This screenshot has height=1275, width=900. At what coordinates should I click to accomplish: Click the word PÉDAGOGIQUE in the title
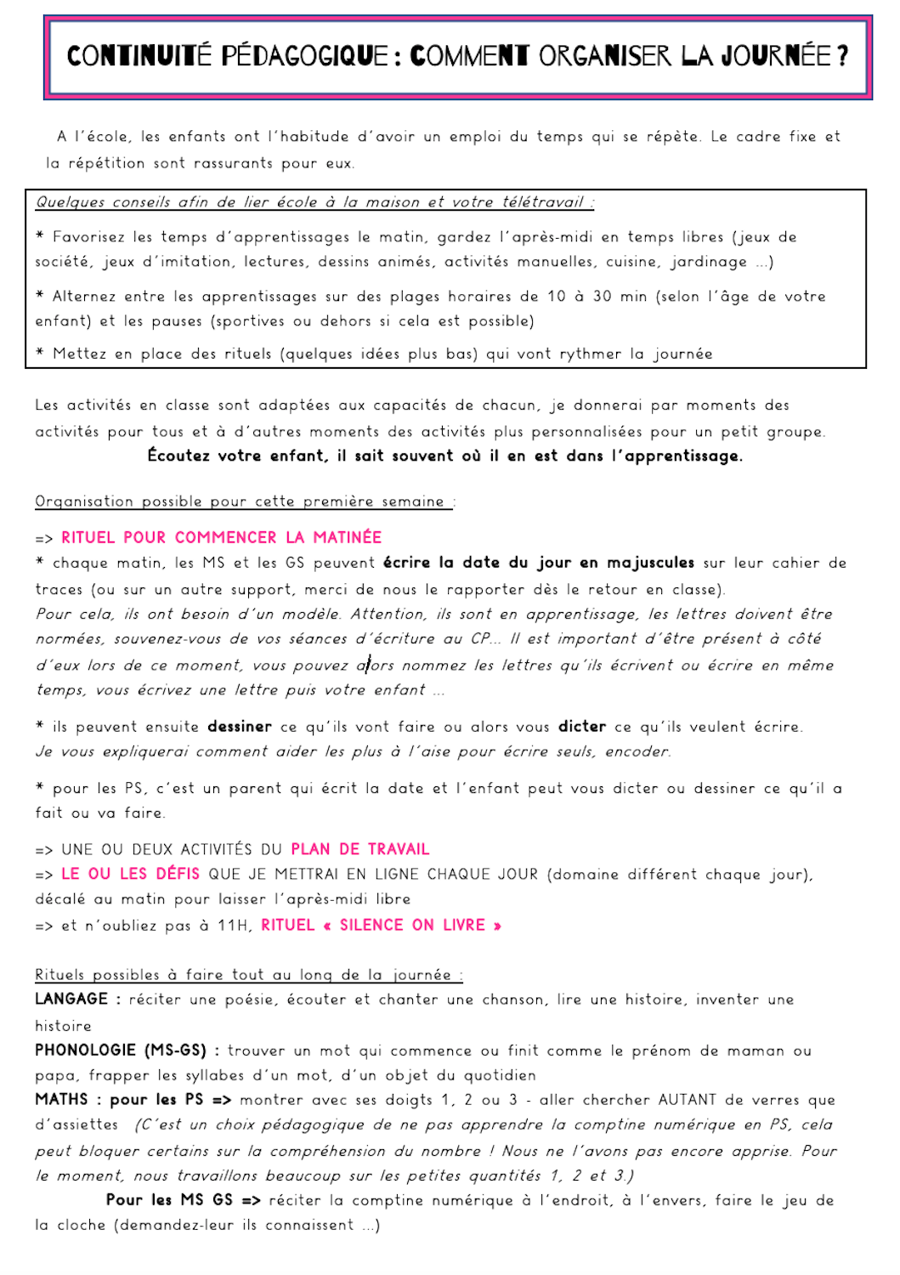click(x=304, y=56)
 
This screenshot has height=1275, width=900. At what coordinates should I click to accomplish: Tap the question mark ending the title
click(x=842, y=56)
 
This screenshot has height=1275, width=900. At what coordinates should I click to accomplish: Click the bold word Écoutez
click(x=178, y=456)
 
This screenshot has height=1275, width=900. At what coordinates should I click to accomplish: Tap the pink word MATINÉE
click(x=347, y=537)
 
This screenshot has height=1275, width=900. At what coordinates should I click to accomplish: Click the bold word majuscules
click(x=650, y=563)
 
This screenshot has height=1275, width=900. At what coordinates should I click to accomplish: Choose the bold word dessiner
click(x=240, y=727)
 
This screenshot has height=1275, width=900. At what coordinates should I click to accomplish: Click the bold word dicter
click(x=582, y=727)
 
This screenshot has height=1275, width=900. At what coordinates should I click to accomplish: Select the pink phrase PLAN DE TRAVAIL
click(x=359, y=849)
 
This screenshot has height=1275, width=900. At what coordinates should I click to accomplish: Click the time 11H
click(x=234, y=925)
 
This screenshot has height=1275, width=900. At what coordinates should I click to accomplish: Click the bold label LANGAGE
click(x=71, y=1000)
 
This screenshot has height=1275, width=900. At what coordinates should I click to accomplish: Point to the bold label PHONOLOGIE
click(x=85, y=1051)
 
